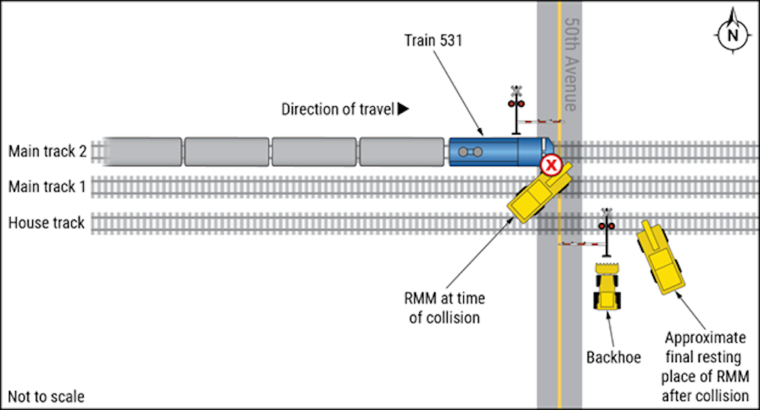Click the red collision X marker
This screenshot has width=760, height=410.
coord(550,165)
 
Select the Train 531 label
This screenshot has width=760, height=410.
coord(433,41)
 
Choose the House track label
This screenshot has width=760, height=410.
coord(46,222)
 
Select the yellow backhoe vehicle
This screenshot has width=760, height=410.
coord(607,285)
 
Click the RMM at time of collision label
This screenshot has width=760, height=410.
coord(445,308)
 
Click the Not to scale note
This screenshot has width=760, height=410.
coord(46,397)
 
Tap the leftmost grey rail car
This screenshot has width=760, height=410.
coord(144,151)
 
